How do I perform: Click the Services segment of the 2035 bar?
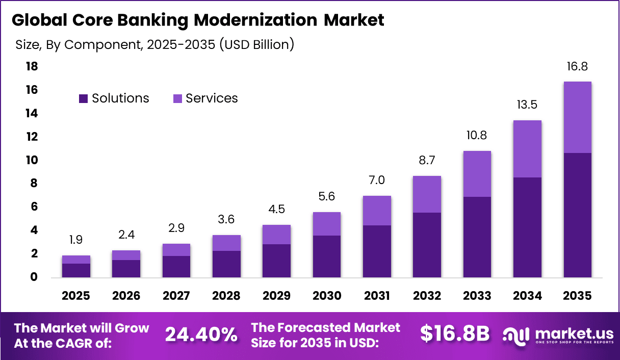tap(577, 117)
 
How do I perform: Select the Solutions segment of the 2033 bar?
tap(477, 237)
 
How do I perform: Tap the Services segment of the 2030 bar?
tap(326, 224)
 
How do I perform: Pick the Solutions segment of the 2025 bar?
tap(76, 270)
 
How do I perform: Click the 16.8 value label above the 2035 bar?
tap(577, 66)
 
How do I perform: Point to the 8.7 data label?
tap(427, 161)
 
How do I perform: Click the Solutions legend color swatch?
tap(83, 99)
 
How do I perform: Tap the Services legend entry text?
tap(212, 98)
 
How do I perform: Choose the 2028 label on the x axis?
tap(226, 296)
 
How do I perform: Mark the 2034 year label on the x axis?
tap(527, 296)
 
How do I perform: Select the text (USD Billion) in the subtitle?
tap(256, 44)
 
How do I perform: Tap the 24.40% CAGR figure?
tap(201, 335)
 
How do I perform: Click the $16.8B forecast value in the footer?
tap(455, 334)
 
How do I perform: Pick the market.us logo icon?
tap(516, 335)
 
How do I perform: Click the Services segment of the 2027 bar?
tap(176, 250)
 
